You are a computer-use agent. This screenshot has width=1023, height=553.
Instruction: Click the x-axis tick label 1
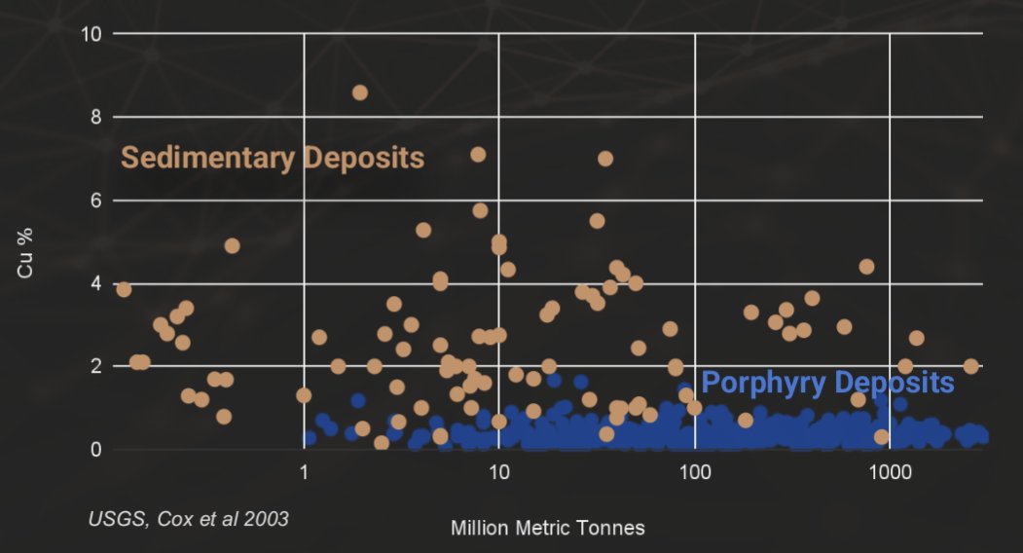tap(305, 472)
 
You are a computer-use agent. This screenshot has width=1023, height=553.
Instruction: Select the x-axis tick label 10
tap(498, 472)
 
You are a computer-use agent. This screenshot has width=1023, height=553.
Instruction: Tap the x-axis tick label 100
tap(694, 472)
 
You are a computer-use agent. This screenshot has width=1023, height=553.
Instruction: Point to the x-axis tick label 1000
tap(889, 472)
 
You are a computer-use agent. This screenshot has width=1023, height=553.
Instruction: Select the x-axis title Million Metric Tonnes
tap(548, 529)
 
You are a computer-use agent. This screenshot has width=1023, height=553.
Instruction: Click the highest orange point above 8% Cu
tap(359, 92)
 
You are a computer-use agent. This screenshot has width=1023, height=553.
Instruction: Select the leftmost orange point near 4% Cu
tap(124, 289)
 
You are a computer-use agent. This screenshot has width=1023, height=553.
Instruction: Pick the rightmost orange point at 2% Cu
tap(970, 366)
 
